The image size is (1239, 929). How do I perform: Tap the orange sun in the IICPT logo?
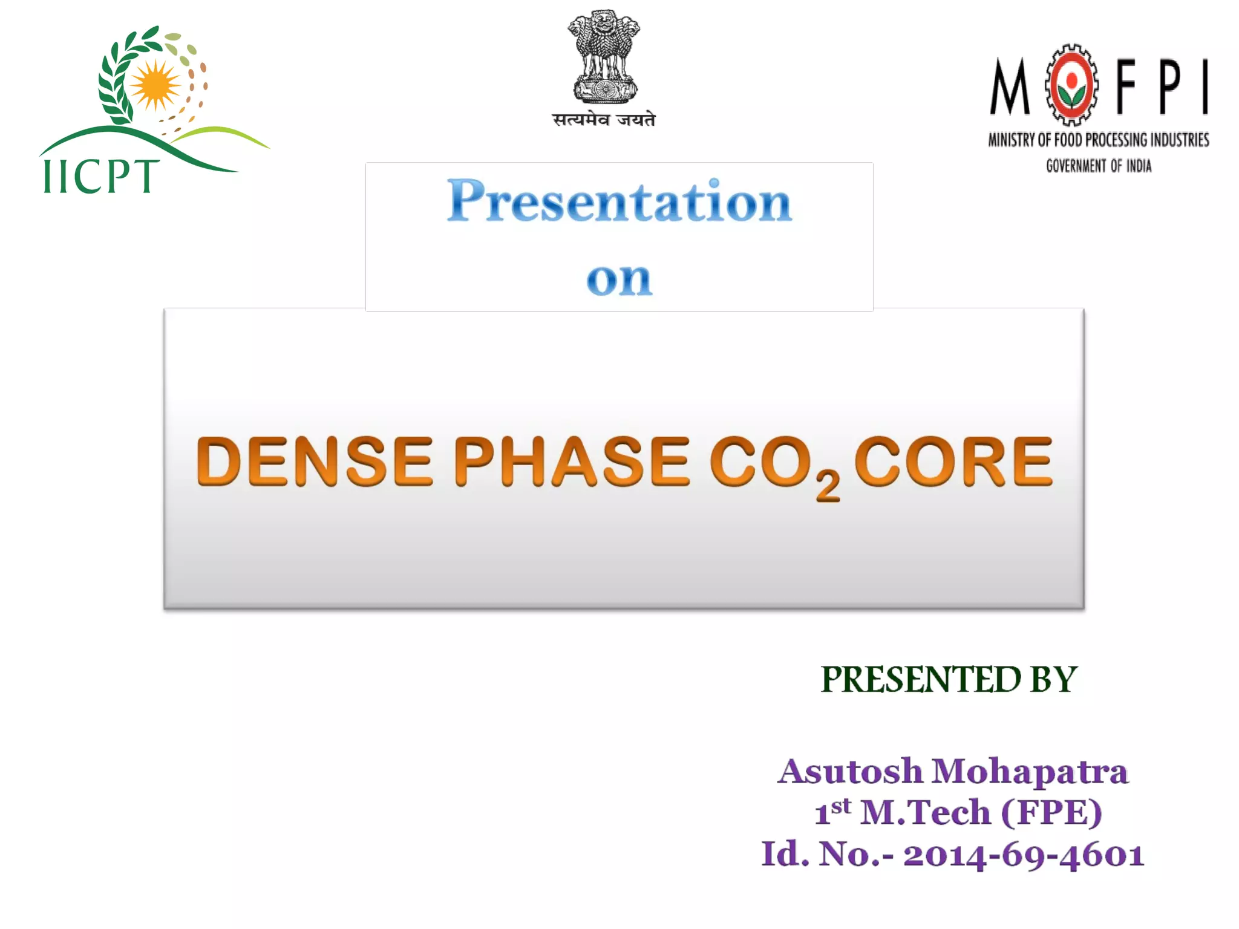point(155,85)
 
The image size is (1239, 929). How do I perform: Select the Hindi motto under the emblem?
point(604,120)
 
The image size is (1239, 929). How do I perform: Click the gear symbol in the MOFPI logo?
point(1071,84)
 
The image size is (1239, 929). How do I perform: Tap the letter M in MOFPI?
point(1009,87)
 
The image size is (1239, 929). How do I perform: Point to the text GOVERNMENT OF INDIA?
point(1099,166)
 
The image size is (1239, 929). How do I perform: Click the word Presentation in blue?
point(619,201)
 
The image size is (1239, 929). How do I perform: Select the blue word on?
point(619,279)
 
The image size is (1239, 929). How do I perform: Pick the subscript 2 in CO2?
point(828,486)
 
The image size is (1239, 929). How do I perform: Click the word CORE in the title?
point(953,462)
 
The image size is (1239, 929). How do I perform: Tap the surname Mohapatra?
point(1030,771)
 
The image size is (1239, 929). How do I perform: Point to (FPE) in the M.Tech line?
point(1051,812)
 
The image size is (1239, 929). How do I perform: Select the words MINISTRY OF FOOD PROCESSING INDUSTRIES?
point(1099,140)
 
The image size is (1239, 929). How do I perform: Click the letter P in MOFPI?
point(1170,87)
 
